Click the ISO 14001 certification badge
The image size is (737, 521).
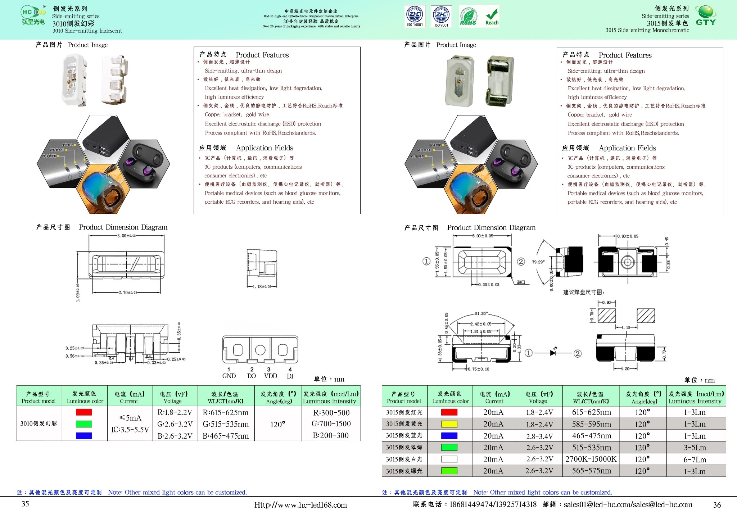(x=415, y=16)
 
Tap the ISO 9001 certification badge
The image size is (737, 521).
(x=441, y=16)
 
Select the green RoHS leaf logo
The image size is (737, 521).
(x=468, y=17)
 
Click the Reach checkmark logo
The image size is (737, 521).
(x=492, y=17)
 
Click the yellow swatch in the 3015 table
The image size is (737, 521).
(x=449, y=424)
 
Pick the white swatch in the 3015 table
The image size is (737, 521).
(x=449, y=459)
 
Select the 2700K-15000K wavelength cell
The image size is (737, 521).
(x=591, y=459)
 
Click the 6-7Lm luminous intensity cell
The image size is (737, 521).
(x=695, y=459)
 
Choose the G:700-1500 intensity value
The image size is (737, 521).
(x=331, y=424)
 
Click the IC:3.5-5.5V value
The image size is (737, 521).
(x=130, y=430)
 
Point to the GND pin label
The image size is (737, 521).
(x=229, y=376)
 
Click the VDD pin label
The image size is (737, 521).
(x=270, y=376)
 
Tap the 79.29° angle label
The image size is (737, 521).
(x=538, y=262)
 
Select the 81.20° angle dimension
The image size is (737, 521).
(x=481, y=314)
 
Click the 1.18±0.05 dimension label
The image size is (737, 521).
(x=262, y=287)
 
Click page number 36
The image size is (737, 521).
(x=717, y=505)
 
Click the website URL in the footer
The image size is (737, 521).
(x=300, y=505)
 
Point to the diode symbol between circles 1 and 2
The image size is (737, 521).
(x=553, y=353)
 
